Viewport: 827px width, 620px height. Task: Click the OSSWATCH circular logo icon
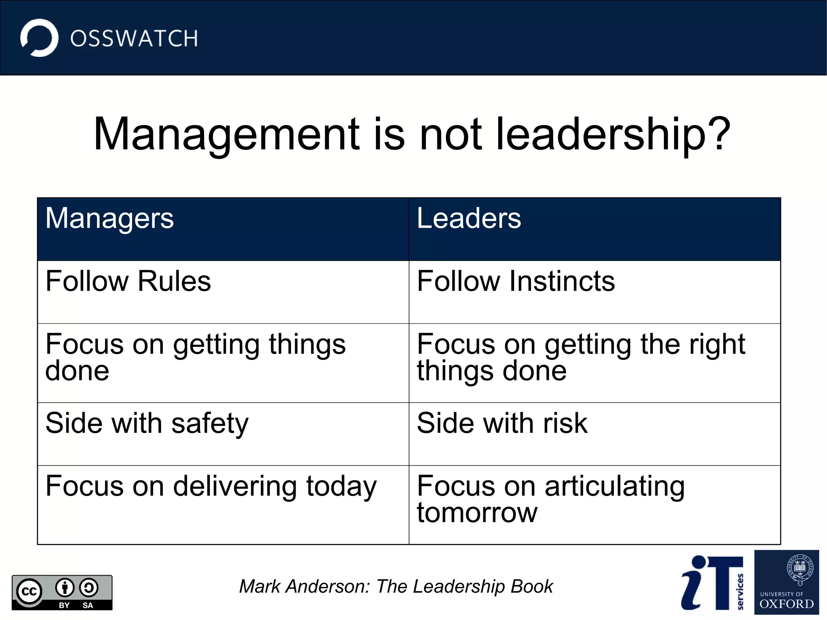39,38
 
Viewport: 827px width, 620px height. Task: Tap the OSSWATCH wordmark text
134,39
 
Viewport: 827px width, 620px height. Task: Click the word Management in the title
226,134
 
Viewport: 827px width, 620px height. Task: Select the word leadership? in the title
613,134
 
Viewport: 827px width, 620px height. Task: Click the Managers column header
109,219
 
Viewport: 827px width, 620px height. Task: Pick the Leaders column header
469,219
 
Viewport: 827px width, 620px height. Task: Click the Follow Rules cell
128,281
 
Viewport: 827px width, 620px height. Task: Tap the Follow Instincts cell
516,281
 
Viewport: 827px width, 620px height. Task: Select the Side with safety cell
147,424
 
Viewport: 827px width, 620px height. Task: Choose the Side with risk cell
502,424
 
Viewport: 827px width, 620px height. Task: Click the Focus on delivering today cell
211,486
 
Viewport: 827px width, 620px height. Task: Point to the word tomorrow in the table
477,513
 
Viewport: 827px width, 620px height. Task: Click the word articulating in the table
615,486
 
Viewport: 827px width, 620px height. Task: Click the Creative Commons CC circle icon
29,592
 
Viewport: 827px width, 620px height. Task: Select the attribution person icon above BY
65,588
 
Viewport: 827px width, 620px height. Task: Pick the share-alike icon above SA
88,588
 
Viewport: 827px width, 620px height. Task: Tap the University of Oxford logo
786,582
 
